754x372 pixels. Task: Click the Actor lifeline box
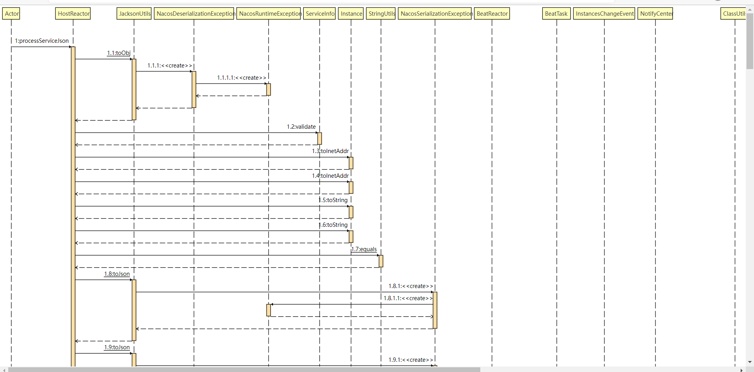point(11,14)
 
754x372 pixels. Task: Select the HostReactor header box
point(73,14)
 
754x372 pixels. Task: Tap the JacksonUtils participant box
point(134,14)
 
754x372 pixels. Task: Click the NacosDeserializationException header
point(194,14)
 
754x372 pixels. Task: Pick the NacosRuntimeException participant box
point(269,14)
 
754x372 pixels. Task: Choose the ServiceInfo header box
point(320,14)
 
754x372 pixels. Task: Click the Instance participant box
point(351,14)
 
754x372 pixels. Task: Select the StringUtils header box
point(381,14)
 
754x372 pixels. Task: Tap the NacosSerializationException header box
point(435,14)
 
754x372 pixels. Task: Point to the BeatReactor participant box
point(492,14)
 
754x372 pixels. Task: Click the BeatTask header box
point(556,14)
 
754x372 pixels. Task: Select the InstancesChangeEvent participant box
point(604,14)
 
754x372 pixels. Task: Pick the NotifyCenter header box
point(655,14)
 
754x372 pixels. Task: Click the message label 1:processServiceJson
point(42,41)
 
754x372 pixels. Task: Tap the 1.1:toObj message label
point(119,53)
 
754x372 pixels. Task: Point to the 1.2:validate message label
point(301,127)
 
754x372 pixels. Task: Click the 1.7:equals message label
point(364,249)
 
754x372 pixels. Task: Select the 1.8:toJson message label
point(117,274)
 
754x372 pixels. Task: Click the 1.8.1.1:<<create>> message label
point(408,298)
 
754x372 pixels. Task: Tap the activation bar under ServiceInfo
point(320,139)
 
